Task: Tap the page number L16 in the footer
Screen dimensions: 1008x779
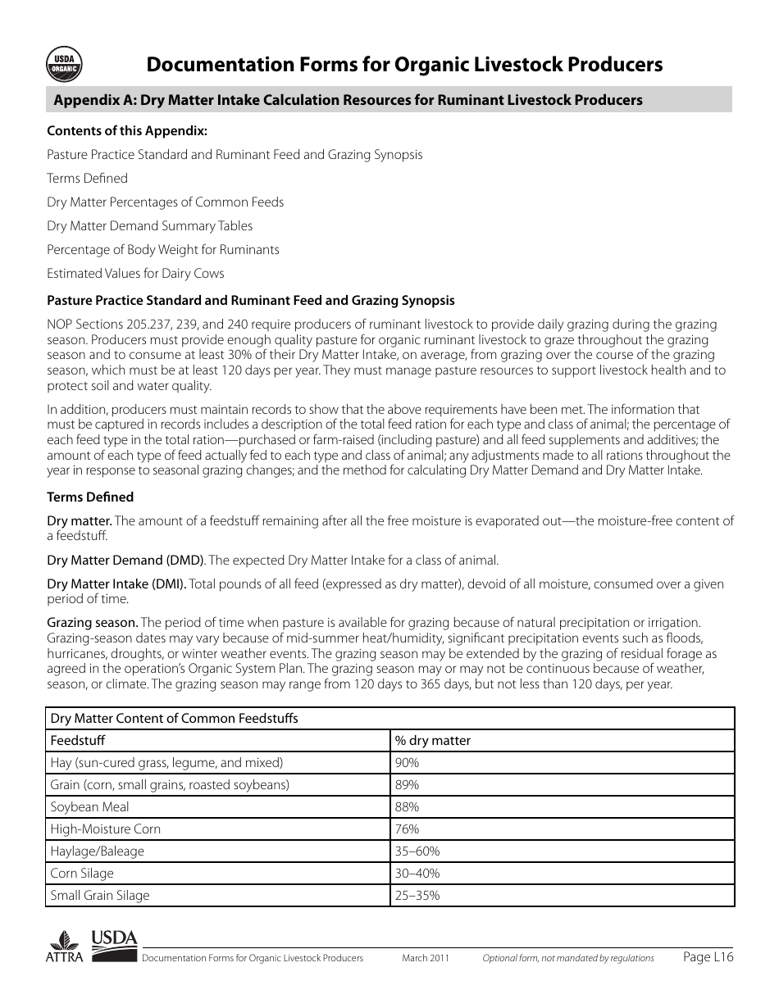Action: click(x=708, y=956)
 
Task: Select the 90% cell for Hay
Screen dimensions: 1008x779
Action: click(x=407, y=763)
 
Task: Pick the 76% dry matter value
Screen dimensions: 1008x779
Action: click(x=407, y=829)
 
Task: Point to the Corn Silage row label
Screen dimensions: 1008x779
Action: click(x=82, y=874)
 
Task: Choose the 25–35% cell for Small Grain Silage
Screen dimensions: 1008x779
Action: click(x=417, y=896)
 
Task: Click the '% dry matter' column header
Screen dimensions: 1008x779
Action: click(x=433, y=741)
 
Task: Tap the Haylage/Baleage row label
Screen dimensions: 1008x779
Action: click(x=97, y=851)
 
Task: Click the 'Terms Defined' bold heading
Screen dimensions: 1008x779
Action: click(x=90, y=497)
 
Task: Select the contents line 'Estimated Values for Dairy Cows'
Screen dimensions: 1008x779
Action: click(x=135, y=274)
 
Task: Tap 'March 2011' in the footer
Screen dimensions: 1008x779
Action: click(x=426, y=958)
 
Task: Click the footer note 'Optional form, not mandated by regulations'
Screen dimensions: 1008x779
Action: click(x=567, y=958)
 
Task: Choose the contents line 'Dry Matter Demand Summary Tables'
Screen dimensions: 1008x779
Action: click(x=149, y=226)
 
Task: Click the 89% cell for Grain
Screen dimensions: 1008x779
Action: click(x=407, y=785)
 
